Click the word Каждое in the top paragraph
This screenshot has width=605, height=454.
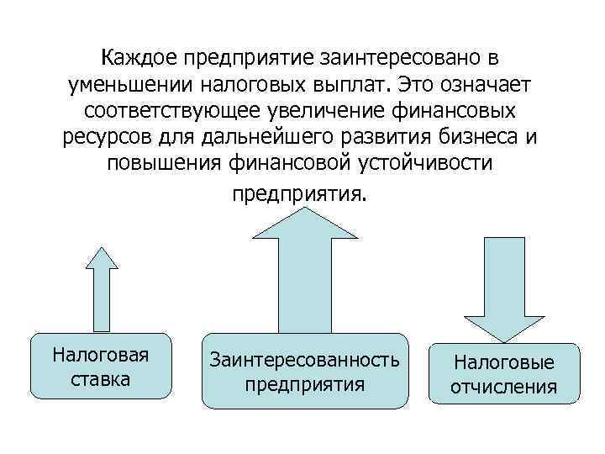143,58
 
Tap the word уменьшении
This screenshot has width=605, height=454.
126,84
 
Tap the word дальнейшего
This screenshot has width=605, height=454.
264,137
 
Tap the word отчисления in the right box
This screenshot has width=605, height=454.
505,388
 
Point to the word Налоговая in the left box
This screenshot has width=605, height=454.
101,354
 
